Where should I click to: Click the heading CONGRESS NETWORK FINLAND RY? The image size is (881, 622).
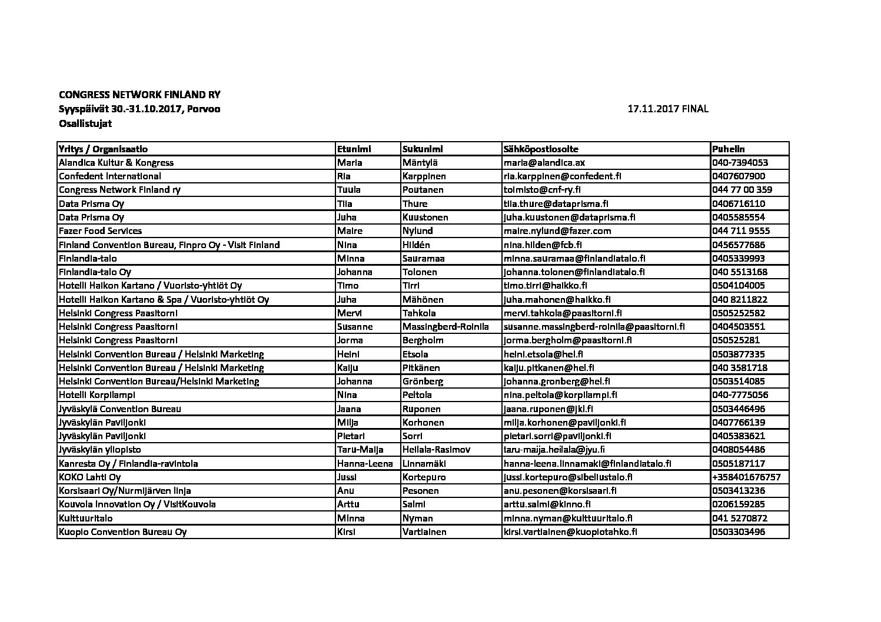pos(139,95)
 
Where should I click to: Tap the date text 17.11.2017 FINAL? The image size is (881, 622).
pos(668,109)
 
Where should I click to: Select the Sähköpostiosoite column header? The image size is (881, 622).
pos(541,149)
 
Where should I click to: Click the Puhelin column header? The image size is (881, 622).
pos(729,149)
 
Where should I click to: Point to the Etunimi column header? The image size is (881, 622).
pos(354,149)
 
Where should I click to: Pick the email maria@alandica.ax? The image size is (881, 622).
pos(544,163)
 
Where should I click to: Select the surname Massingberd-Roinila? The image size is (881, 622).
pos(446,327)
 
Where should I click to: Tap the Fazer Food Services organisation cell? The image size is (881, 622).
pos(100,231)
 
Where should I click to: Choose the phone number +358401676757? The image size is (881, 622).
pos(746,477)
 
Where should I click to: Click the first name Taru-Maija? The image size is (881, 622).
pos(360,450)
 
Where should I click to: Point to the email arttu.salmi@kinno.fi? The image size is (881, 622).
pos(547,504)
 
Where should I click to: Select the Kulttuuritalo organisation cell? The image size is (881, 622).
pos(85,519)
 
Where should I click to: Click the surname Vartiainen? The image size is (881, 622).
pos(424,532)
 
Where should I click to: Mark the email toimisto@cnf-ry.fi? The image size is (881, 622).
pos(542,190)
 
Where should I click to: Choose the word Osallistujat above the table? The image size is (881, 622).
pos(85,123)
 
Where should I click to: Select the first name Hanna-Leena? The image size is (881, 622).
pos(365,464)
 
